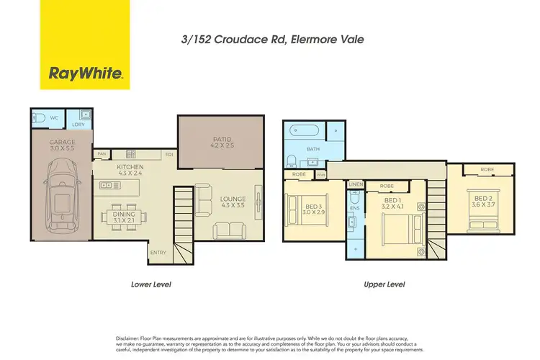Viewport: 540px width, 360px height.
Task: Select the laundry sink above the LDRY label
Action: tap(85, 114)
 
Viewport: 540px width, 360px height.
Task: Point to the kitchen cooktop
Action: tap(132, 153)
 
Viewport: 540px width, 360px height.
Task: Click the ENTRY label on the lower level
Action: tap(158, 253)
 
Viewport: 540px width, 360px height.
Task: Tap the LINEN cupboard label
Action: tap(356, 185)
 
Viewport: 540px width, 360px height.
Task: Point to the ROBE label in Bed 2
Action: tap(488, 170)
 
